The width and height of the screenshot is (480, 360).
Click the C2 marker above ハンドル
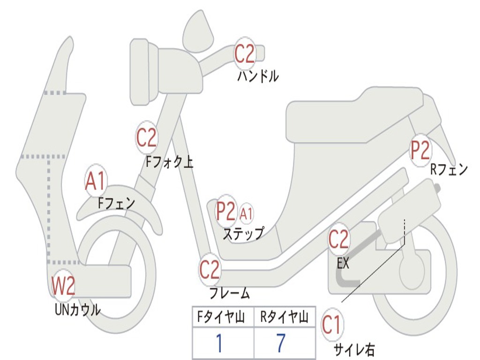[x=244, y=54]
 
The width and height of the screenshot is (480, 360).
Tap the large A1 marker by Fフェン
[x=96, y=181]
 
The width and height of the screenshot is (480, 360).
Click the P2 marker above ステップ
[x=225, y=211]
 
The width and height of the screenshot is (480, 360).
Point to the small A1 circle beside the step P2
[x=246, y=214]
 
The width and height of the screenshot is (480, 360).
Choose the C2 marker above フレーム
[x=210, y=270]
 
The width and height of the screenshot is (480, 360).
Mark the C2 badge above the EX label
[x=338, y=240]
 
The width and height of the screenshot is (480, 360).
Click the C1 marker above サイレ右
[x=332, y=325]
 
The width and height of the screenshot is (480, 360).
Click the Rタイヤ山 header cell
[x=284, y=318]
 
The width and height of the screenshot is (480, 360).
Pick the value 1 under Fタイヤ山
[x=219, y=344]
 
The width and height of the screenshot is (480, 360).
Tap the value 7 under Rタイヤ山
[x=281, y=344]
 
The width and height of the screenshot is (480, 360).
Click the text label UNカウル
[x=78, y=310]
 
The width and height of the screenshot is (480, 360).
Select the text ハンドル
[x=257, y=76]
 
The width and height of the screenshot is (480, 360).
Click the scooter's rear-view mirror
[x=198, y=30]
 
